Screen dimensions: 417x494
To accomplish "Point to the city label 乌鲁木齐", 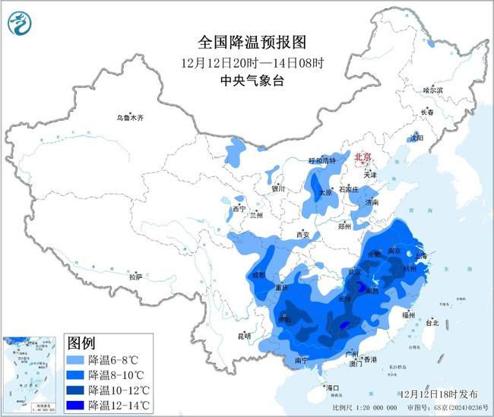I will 129,118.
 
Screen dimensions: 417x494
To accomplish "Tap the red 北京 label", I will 363,157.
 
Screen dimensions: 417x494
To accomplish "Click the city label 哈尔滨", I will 432,90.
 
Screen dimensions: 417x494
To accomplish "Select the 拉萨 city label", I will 135,277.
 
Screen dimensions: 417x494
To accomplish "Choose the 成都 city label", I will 258,275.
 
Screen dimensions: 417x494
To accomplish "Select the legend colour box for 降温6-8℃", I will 76,360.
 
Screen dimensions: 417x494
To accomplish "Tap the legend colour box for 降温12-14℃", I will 76,404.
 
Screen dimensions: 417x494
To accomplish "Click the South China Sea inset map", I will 31,373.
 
